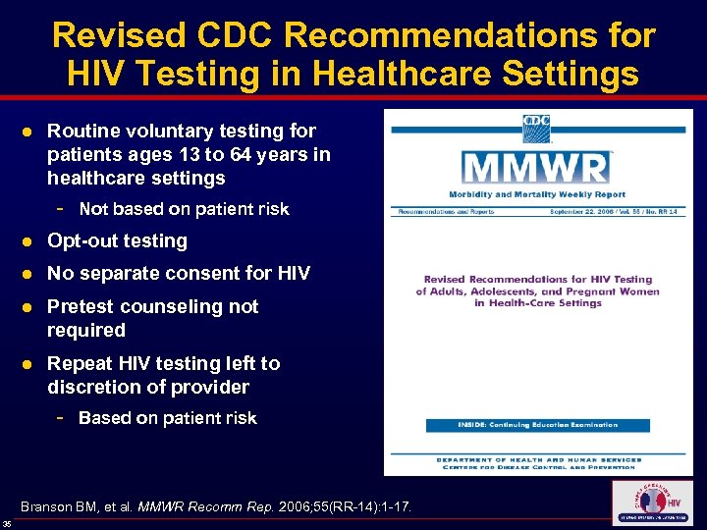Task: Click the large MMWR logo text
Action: click(x=536, y=166)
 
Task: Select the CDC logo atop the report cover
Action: click(x=536, y=128)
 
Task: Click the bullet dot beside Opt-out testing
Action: click(x=32, y=241)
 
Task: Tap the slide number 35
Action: click(x=7, y=523)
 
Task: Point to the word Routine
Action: click(x=82, y=131)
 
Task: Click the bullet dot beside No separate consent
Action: click(x=32, y=274)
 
